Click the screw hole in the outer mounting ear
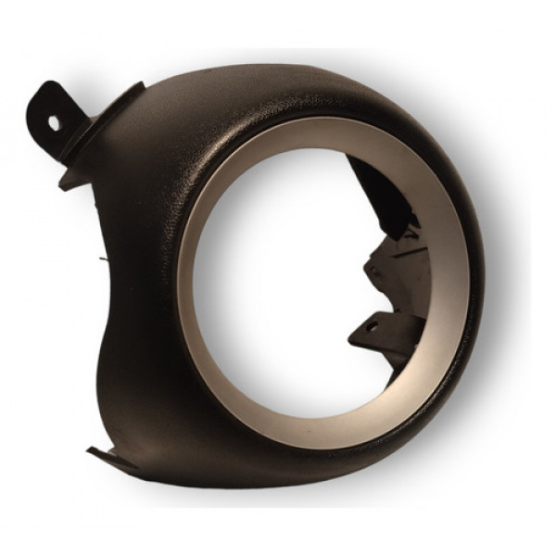pos(53,120)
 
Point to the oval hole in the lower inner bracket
pos(373,325)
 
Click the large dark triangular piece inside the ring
pos(380,199)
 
